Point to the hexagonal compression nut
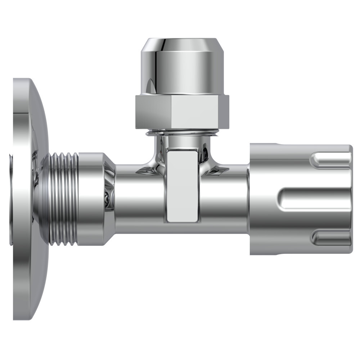tap(182, 112)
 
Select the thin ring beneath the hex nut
tap(182, 133)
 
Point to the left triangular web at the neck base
tap(146, 169)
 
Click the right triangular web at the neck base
tap(218, 169)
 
